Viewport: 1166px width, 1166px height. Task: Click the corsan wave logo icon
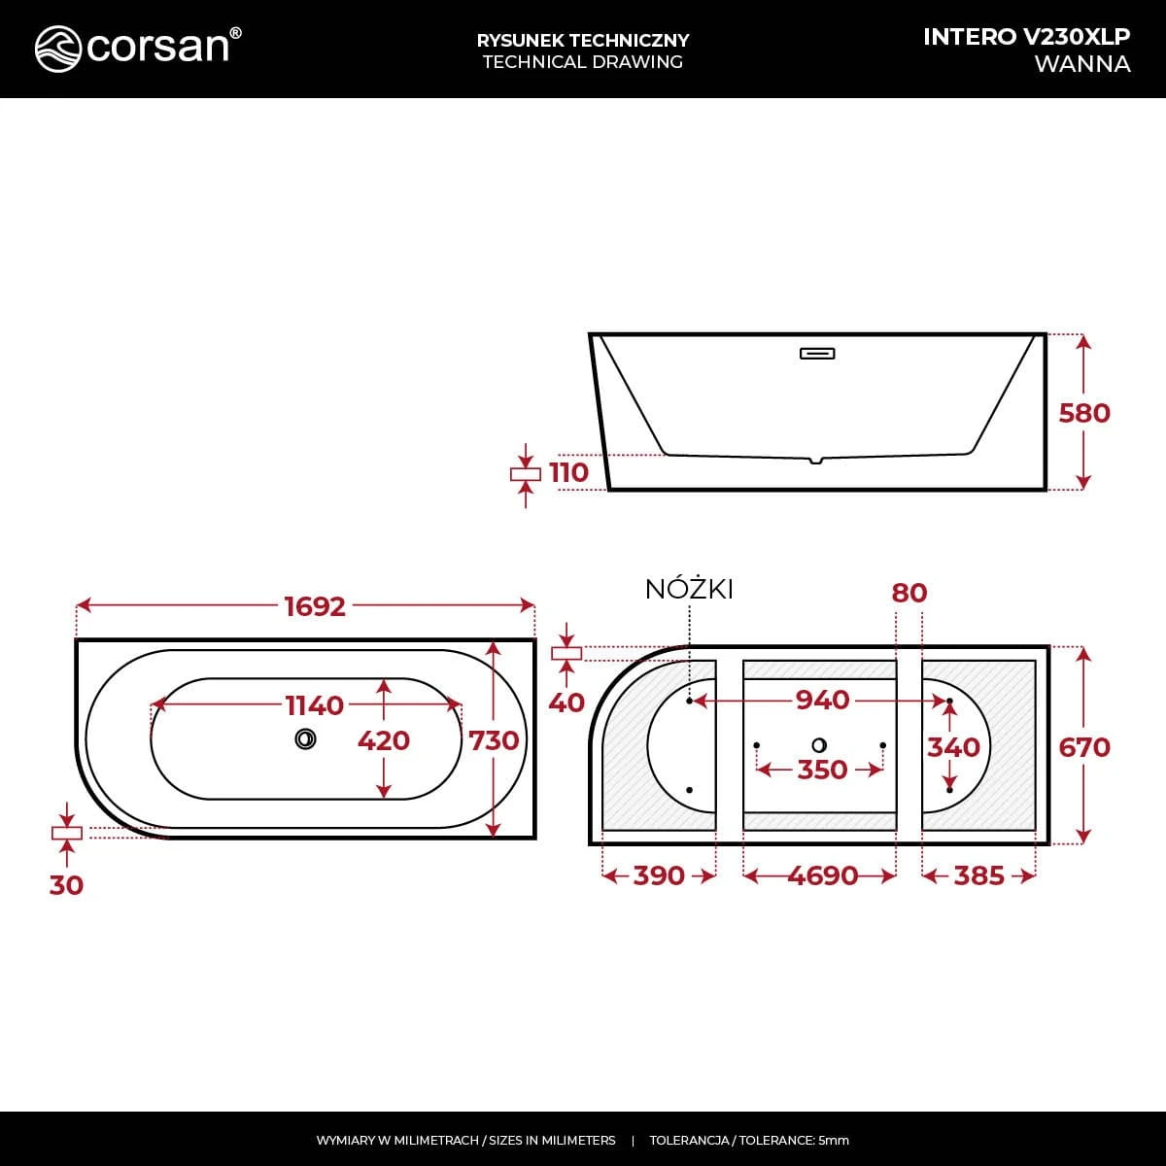pos(57,49)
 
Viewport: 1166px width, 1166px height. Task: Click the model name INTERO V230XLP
pos(1026,37)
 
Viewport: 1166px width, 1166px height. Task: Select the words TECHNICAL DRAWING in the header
pos(583,62)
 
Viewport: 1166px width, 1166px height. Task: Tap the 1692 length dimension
pos(315,606)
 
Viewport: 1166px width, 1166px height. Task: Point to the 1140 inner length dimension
pos(314,705)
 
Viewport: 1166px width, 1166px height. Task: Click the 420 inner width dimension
pos(384,740)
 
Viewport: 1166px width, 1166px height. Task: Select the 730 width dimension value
pos(494,740)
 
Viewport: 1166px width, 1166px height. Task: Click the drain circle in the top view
pos(305,738)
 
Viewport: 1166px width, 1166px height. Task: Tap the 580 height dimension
pos(1084,413)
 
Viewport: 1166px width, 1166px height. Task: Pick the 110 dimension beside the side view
pos(568,472)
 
